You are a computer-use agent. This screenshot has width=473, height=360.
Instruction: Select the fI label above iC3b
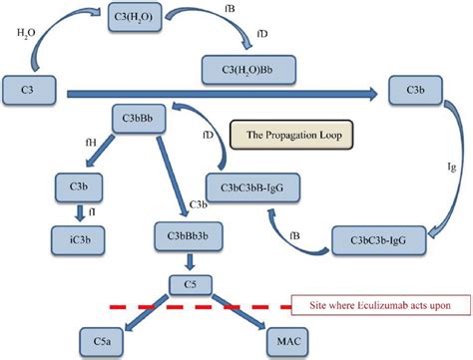pos(92,211)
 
